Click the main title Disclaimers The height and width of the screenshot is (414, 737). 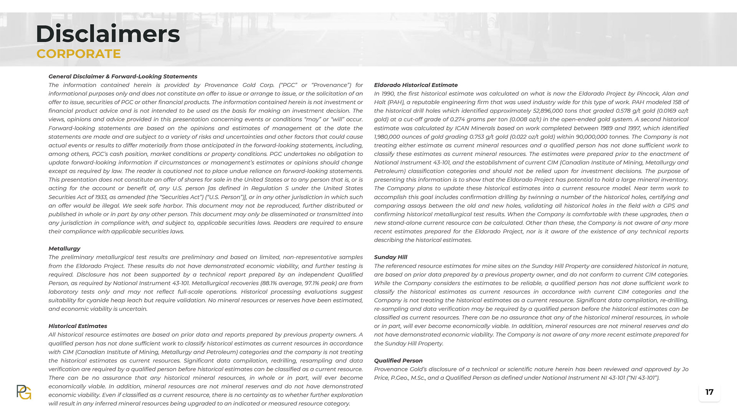(107, 34)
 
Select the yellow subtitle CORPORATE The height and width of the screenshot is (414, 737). (79, 54)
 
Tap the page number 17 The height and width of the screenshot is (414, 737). (709, 392)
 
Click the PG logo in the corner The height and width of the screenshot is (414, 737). (24, 392)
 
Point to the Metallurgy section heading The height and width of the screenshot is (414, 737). (64, 248)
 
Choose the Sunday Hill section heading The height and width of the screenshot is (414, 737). (390, 257)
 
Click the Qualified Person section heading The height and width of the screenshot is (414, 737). (398, 361)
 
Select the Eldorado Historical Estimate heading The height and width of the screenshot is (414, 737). (416, 85)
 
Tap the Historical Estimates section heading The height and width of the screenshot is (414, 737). (78, 326)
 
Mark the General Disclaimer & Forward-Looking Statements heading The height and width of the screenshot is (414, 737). (123, 77)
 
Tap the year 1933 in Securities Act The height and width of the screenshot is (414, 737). (101, 197)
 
